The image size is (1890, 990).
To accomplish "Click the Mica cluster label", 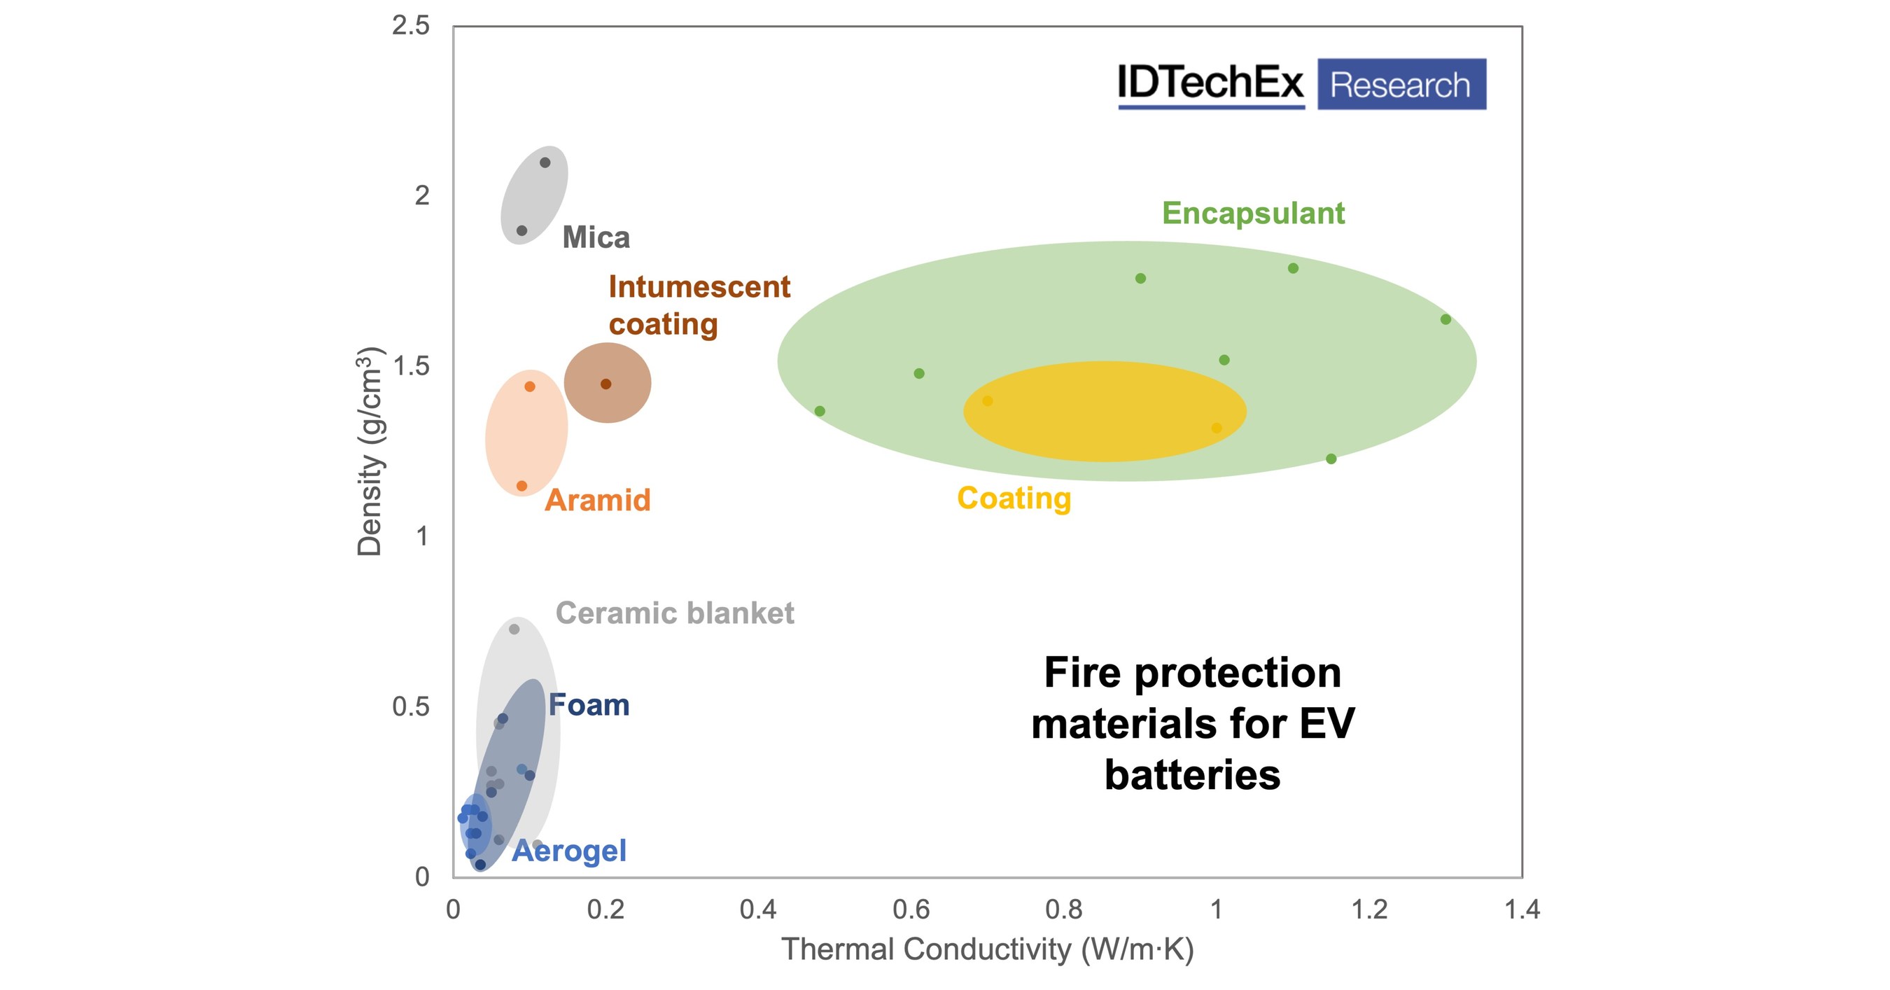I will coord(596,238).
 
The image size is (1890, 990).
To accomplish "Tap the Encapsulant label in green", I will coord(1252,214).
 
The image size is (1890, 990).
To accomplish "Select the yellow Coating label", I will coord(1014,499).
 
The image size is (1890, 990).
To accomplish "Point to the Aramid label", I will coord(597,501).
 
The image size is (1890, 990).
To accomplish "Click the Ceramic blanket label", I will coord(674,613).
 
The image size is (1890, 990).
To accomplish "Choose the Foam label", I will coord(589,705).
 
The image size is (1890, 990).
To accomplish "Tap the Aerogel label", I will coord(569,851).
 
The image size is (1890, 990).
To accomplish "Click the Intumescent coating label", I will coord(699,305).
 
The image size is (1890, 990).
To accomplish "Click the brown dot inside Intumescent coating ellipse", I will coord(606,384).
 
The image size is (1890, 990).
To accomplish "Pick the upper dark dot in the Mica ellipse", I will coord(545,162).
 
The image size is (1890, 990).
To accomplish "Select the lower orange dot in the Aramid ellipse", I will coord(521,486).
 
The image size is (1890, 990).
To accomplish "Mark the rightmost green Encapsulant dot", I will coord(1445,319).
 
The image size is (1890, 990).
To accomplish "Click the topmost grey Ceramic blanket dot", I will coord(514,629).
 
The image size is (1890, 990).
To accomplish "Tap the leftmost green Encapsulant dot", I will coord(820,411).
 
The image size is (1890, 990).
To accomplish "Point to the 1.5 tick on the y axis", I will coord(412,366).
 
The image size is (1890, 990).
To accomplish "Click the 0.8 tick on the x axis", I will coord(1063,910).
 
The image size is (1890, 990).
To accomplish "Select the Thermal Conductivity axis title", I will coord(988,949).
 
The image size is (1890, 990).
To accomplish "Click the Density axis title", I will coord(370,451).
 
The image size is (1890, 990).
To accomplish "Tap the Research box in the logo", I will coord(1401,85).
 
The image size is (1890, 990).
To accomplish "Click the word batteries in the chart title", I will coord(1192,776).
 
